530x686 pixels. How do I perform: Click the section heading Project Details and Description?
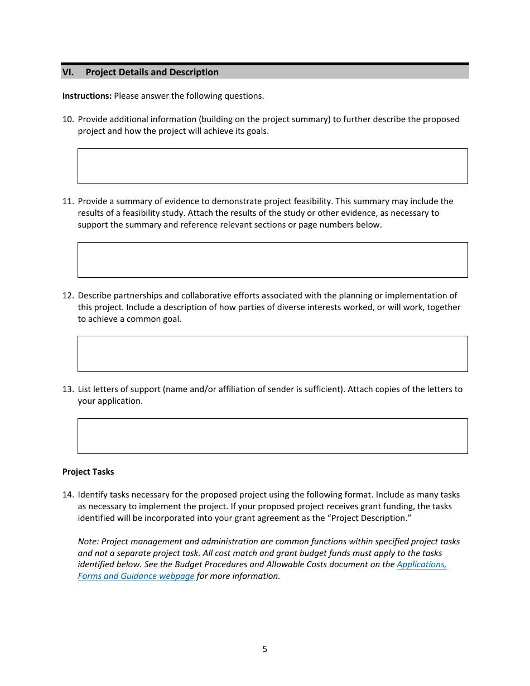point(152,72)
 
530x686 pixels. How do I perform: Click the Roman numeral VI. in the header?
point(68,72)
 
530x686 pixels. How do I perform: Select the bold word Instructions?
point(87,96)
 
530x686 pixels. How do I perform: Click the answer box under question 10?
point(272,166)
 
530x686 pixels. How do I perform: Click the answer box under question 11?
point(272,260)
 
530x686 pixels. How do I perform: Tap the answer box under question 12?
point(272,354)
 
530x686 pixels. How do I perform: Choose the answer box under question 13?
point(272,436)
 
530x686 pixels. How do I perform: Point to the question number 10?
point(68,119)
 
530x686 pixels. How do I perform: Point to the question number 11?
point(68,201)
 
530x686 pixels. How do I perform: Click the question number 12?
point(68,296)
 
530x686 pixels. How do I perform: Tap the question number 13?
point(68,389)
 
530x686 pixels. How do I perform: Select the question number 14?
point(68,495)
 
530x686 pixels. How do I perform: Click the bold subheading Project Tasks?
point(88,472)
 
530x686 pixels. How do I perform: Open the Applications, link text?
point(421,564)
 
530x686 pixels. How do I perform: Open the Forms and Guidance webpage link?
point(136,576)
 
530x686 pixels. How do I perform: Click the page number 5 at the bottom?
point(264,649)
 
